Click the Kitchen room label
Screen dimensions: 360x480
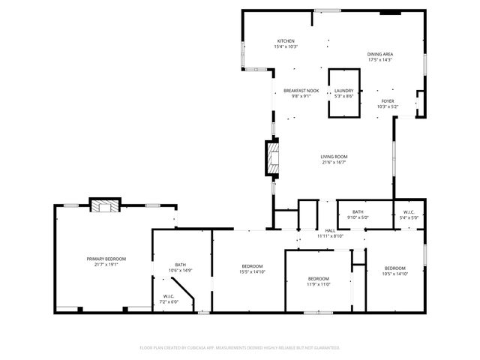286,41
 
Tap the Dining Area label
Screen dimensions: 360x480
380,54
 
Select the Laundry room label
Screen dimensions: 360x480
343,91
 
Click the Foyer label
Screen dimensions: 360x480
387,101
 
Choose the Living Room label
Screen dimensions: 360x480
334,157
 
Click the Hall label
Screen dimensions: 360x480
330,230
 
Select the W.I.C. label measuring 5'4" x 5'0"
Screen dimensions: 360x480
409,212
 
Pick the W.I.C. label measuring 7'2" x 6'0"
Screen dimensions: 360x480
169,296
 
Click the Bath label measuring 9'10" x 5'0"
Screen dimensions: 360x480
358,212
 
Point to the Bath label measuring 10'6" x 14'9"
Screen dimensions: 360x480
181,264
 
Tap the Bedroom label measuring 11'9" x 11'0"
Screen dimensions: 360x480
319,278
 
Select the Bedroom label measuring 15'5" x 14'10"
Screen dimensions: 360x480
252,266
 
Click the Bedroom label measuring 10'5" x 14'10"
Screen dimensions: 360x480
395,268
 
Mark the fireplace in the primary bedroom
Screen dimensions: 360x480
104,205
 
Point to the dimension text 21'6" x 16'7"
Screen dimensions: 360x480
334,163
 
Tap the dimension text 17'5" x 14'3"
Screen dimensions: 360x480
380,59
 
